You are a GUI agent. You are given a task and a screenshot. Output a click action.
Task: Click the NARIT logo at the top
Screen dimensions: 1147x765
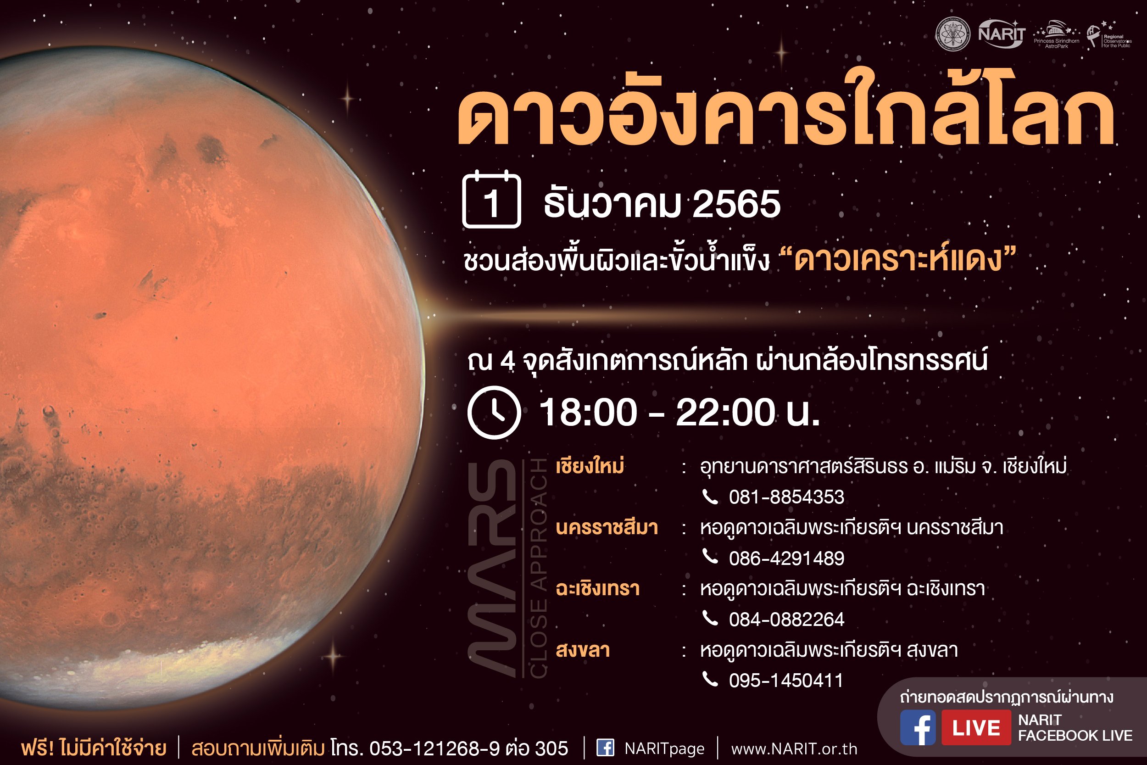click(x=1002, y=34)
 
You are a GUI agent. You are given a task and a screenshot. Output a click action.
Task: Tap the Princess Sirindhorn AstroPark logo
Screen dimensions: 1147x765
click(x=1056, y=34)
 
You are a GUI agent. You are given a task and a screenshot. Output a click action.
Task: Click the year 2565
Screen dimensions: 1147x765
click(x=736, y=204)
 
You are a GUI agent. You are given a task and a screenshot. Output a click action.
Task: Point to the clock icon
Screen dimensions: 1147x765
click(x=494, y=412)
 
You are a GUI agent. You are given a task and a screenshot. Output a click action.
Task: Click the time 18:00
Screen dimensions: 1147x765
click(x=588, y=412)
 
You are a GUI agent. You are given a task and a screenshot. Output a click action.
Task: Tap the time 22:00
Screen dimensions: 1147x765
click(x=725, y=412)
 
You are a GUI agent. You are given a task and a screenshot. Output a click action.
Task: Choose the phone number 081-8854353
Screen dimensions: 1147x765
click(x=786, y=497)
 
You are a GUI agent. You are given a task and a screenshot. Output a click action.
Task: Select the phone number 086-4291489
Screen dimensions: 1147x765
click(x=786, y=558)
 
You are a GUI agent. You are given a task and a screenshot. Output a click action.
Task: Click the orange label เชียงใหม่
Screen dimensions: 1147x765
click(x=590, y=466)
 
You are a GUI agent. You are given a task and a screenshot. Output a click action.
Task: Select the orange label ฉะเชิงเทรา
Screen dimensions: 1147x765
click(x=598, y=589)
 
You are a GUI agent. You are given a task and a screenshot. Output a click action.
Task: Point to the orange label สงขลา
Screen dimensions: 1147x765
click(x=583, y=650)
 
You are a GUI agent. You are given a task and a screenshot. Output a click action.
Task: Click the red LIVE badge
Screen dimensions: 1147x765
click(x=976, y=727)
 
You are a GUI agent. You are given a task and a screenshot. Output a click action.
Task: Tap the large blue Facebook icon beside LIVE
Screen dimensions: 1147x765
click(x=918, y=727)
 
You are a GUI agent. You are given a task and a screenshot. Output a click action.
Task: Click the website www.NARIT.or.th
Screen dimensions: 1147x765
click(x=794, y=749)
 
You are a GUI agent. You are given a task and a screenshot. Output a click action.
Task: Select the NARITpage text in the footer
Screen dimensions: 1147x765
click(x=664, y=748)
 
